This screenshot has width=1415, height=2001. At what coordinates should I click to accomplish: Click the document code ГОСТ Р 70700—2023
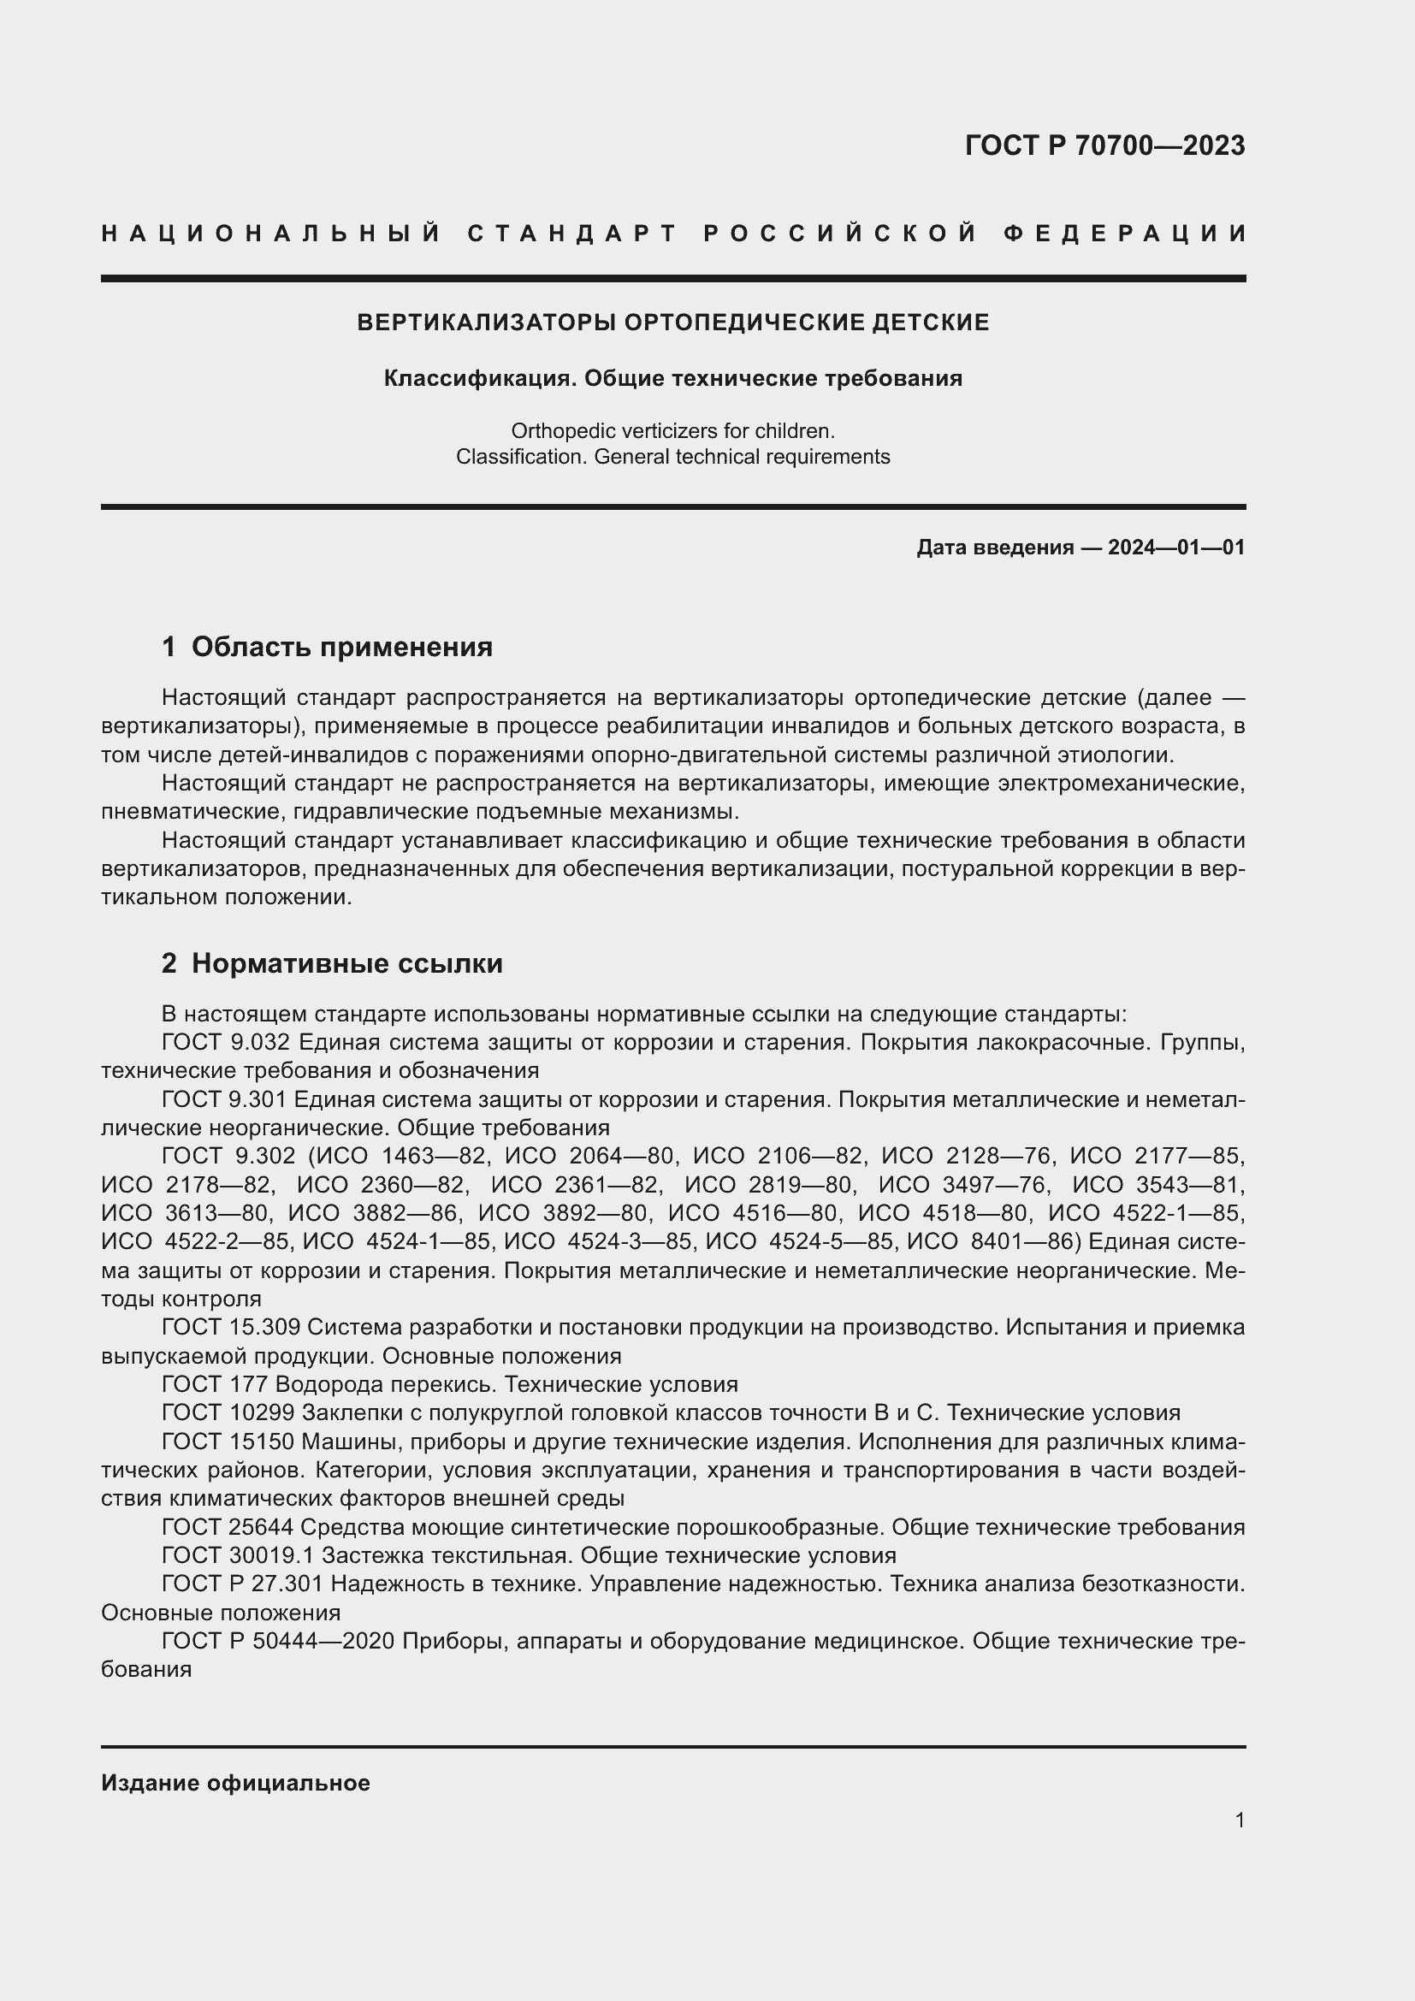1104,145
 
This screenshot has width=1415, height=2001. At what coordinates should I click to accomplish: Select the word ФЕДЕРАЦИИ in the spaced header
1125,234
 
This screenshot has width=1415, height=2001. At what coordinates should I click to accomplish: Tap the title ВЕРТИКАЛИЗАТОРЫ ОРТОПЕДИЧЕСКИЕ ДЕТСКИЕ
672,323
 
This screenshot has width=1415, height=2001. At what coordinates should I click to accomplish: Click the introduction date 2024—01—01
1176,548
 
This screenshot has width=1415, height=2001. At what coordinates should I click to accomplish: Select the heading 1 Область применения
327,647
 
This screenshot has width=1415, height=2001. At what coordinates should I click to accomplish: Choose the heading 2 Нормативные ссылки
332,963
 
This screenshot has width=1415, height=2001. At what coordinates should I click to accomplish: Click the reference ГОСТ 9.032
225,1042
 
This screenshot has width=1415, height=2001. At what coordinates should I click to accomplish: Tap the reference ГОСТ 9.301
224,1099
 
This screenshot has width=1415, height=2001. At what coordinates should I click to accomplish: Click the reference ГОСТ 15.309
230,1327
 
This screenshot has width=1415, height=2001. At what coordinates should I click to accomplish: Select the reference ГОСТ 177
216,1384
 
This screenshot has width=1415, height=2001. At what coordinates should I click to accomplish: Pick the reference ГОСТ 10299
228,1412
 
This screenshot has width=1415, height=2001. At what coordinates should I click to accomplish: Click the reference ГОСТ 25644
228,1527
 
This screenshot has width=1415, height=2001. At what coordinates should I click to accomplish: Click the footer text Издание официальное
235,1782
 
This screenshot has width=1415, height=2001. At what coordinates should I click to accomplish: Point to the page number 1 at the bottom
1239,1820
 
